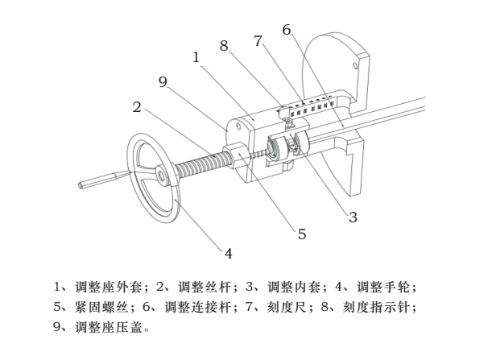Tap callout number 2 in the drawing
(138, 106)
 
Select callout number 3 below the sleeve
(352, 216)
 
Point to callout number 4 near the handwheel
(228, 253)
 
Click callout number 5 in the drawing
(301, 234)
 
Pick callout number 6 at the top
(286, 30)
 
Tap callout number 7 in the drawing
(257, 41)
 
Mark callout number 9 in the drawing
(163, 81)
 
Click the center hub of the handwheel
(163, 172)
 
